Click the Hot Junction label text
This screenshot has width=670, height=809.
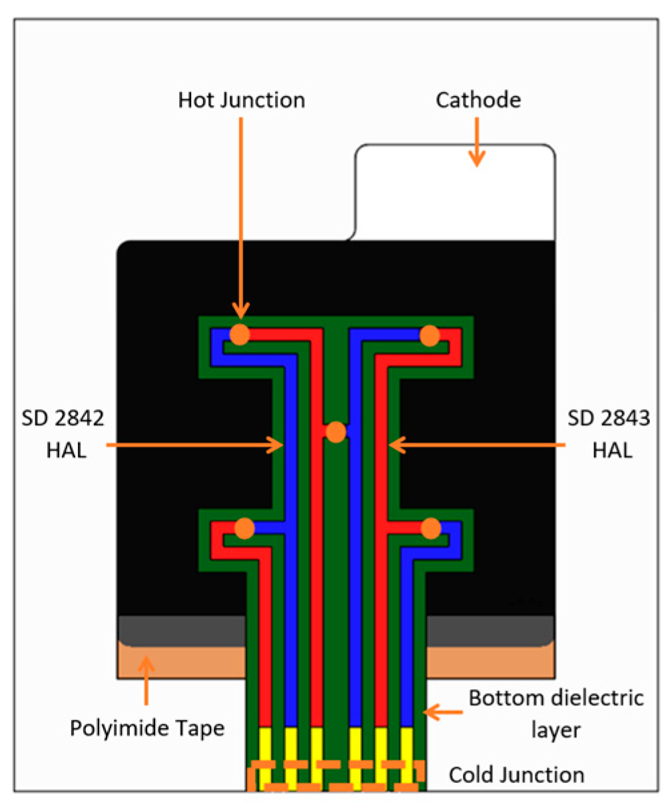(241, 101)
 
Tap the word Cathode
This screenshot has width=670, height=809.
(478, 101)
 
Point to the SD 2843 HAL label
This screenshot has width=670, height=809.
(609, 434)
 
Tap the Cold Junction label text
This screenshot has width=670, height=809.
(516, 775)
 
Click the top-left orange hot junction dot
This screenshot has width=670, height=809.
(240, 335)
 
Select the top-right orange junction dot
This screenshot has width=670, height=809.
(430, 335)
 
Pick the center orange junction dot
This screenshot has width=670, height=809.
(336, 432)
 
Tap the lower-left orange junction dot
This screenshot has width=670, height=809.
(244, 528)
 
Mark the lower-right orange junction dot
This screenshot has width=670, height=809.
(431, 528)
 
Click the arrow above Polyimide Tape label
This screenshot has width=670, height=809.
(146, 680)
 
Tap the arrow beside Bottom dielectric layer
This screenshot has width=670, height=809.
(442, 713)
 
